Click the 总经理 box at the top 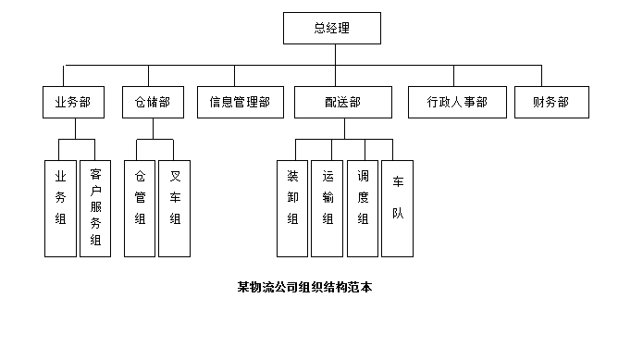[332, 29]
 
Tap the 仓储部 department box [146, 102]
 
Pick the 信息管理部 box [240, 102]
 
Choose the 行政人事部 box [457, 102]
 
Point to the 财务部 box [550, 102]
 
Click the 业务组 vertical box [60, 208]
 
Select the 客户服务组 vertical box [95, 208]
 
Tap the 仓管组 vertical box [140, 208]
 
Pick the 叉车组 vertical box [175, 208]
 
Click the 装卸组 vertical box [292, 208]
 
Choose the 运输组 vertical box [328, 208]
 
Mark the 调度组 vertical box [363, 208]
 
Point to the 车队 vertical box [398, 208]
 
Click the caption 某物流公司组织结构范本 [304, 287]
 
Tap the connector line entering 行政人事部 [453, 75]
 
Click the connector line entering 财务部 [542, 75]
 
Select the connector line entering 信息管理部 [235, 75]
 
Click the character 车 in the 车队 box [398, 182]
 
